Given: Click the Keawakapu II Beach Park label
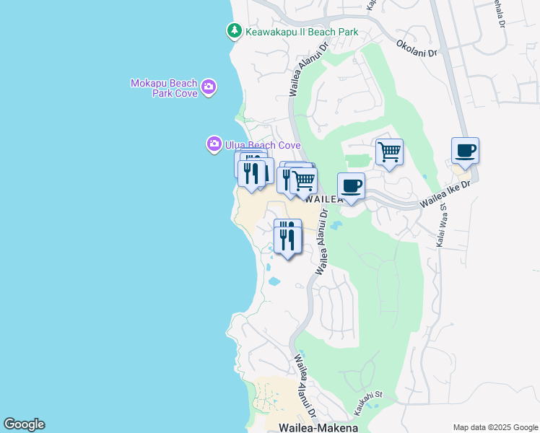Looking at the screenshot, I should tap(301, 31).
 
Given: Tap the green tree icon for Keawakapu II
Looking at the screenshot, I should tap(234, 31).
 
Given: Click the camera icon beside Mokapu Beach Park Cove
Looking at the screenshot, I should tap(209, 87).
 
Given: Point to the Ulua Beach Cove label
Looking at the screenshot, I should tap(262, 145).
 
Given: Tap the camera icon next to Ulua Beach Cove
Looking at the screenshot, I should tap(214, 145).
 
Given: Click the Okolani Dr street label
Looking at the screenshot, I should tap(417, 48).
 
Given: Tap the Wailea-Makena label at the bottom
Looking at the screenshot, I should tap(318, 427).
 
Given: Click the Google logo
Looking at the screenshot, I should tap(24, 424).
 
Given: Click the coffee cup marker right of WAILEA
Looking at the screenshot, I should tap(351, 187).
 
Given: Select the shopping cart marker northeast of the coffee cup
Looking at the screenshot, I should tap(389, 153).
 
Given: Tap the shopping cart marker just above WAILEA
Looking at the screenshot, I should tap(304, 181).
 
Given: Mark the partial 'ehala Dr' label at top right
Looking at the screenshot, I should tap(499, 13).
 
